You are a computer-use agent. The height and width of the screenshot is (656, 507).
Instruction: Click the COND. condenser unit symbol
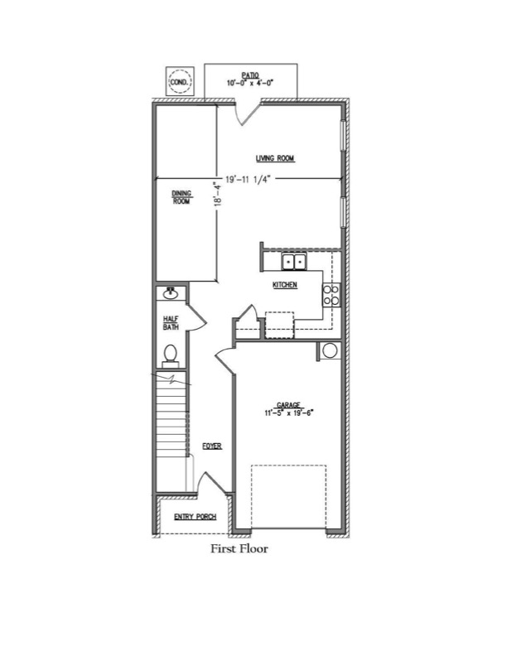pyautogui.click(x=180, y=81)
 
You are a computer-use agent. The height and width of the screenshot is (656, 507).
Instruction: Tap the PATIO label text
pyautogui.click(x=250, y=75)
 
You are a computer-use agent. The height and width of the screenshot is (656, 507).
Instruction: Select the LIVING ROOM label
pyautogui.click(x=275, y=158)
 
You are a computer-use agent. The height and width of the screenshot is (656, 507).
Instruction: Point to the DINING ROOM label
pyautogui.click(x=181, y=197)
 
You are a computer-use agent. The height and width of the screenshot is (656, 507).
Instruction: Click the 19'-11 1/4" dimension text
pyautogui.click(x=249, y=180)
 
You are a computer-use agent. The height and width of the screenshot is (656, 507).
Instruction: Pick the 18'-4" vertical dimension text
pyautogui.click(x=217, y=193)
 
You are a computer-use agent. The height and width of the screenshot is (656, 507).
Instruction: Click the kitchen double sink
pyautogui.click(x=293, y=262)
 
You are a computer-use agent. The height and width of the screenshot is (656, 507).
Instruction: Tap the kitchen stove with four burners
pyautogui.click(x=331, y=295)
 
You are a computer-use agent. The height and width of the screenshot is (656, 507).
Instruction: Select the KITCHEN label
pyautogui.click(x=285, y=285)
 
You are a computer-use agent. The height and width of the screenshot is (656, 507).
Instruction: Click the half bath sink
pyautogui.click(x=171, y=293)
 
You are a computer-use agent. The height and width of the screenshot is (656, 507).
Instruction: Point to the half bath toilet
pyautogui.click(x=171, y=356)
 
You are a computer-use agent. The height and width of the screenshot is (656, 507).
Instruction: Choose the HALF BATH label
pyautogui.click(x=171, y=323)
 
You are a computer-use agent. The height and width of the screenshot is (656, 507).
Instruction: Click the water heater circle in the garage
pyautogui.click(x=330, y=350)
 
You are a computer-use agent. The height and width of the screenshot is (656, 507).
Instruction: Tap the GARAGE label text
pyautogui.click(x=288, y=405)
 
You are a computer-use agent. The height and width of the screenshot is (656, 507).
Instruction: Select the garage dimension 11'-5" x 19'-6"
pyautogui.click(x=288, y=412)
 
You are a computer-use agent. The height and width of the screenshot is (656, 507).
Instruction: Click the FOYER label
pyautogui.click(x=212, y=446)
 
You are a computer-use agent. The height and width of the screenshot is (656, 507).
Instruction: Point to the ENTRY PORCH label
pyautogui.click(x=196, y=517)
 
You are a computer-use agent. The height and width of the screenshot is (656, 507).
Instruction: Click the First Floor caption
pyautogui.click(x=239, y=548)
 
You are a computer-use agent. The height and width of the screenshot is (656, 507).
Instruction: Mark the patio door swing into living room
pyautogui.click(x=247, y=113)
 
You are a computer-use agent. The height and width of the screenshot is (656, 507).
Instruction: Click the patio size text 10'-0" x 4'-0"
pyautogui.click(x=250, y=83)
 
